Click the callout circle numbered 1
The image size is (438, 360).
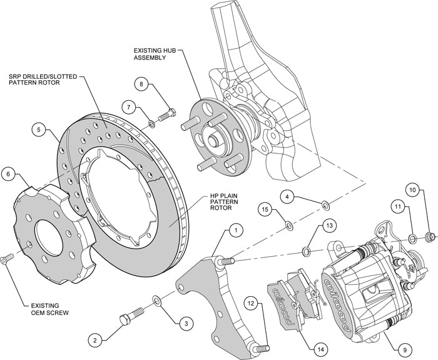coord(235,230)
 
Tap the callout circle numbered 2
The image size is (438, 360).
coord(94,341)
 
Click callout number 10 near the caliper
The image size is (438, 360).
coord(412,189)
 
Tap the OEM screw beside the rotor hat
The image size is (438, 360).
coord(6,257)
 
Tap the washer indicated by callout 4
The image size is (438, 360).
coord(325,204)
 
